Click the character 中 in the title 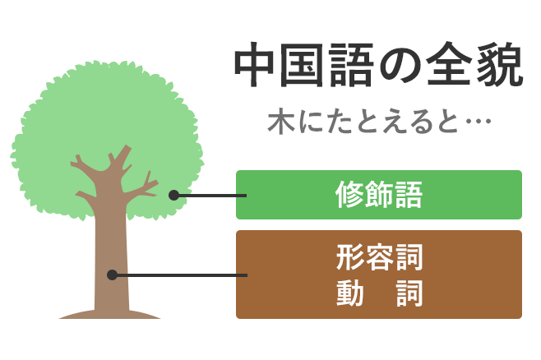pyautogui.click(x=255, y=65)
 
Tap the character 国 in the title pyautogui.click(x=302, y=65)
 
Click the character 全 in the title pyautogui.click(x=449, y=64)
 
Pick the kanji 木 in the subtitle pyautogui.click(x=281, y=122)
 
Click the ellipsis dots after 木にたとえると pyautogui.click(x=479, y=121)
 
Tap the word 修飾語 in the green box pyautogui.click(x=379, y=195)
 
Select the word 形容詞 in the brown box pyautogui.click(x=379, y=257)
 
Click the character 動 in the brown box pyautogui.click(x=350, y=293)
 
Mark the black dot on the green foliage pyautogui.click(x=174, y=195)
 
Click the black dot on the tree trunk pyautogui.click(x=112, y=275)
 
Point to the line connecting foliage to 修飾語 pyautogui.click(x=210, y=196)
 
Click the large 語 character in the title pyautogui.click(x=351, y=65)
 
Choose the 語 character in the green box pyautogui.click(x=409, y=195)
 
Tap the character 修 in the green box pyautogui.click(x=349, y=195)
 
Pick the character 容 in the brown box pyautogui.click(x=379, y=257)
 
